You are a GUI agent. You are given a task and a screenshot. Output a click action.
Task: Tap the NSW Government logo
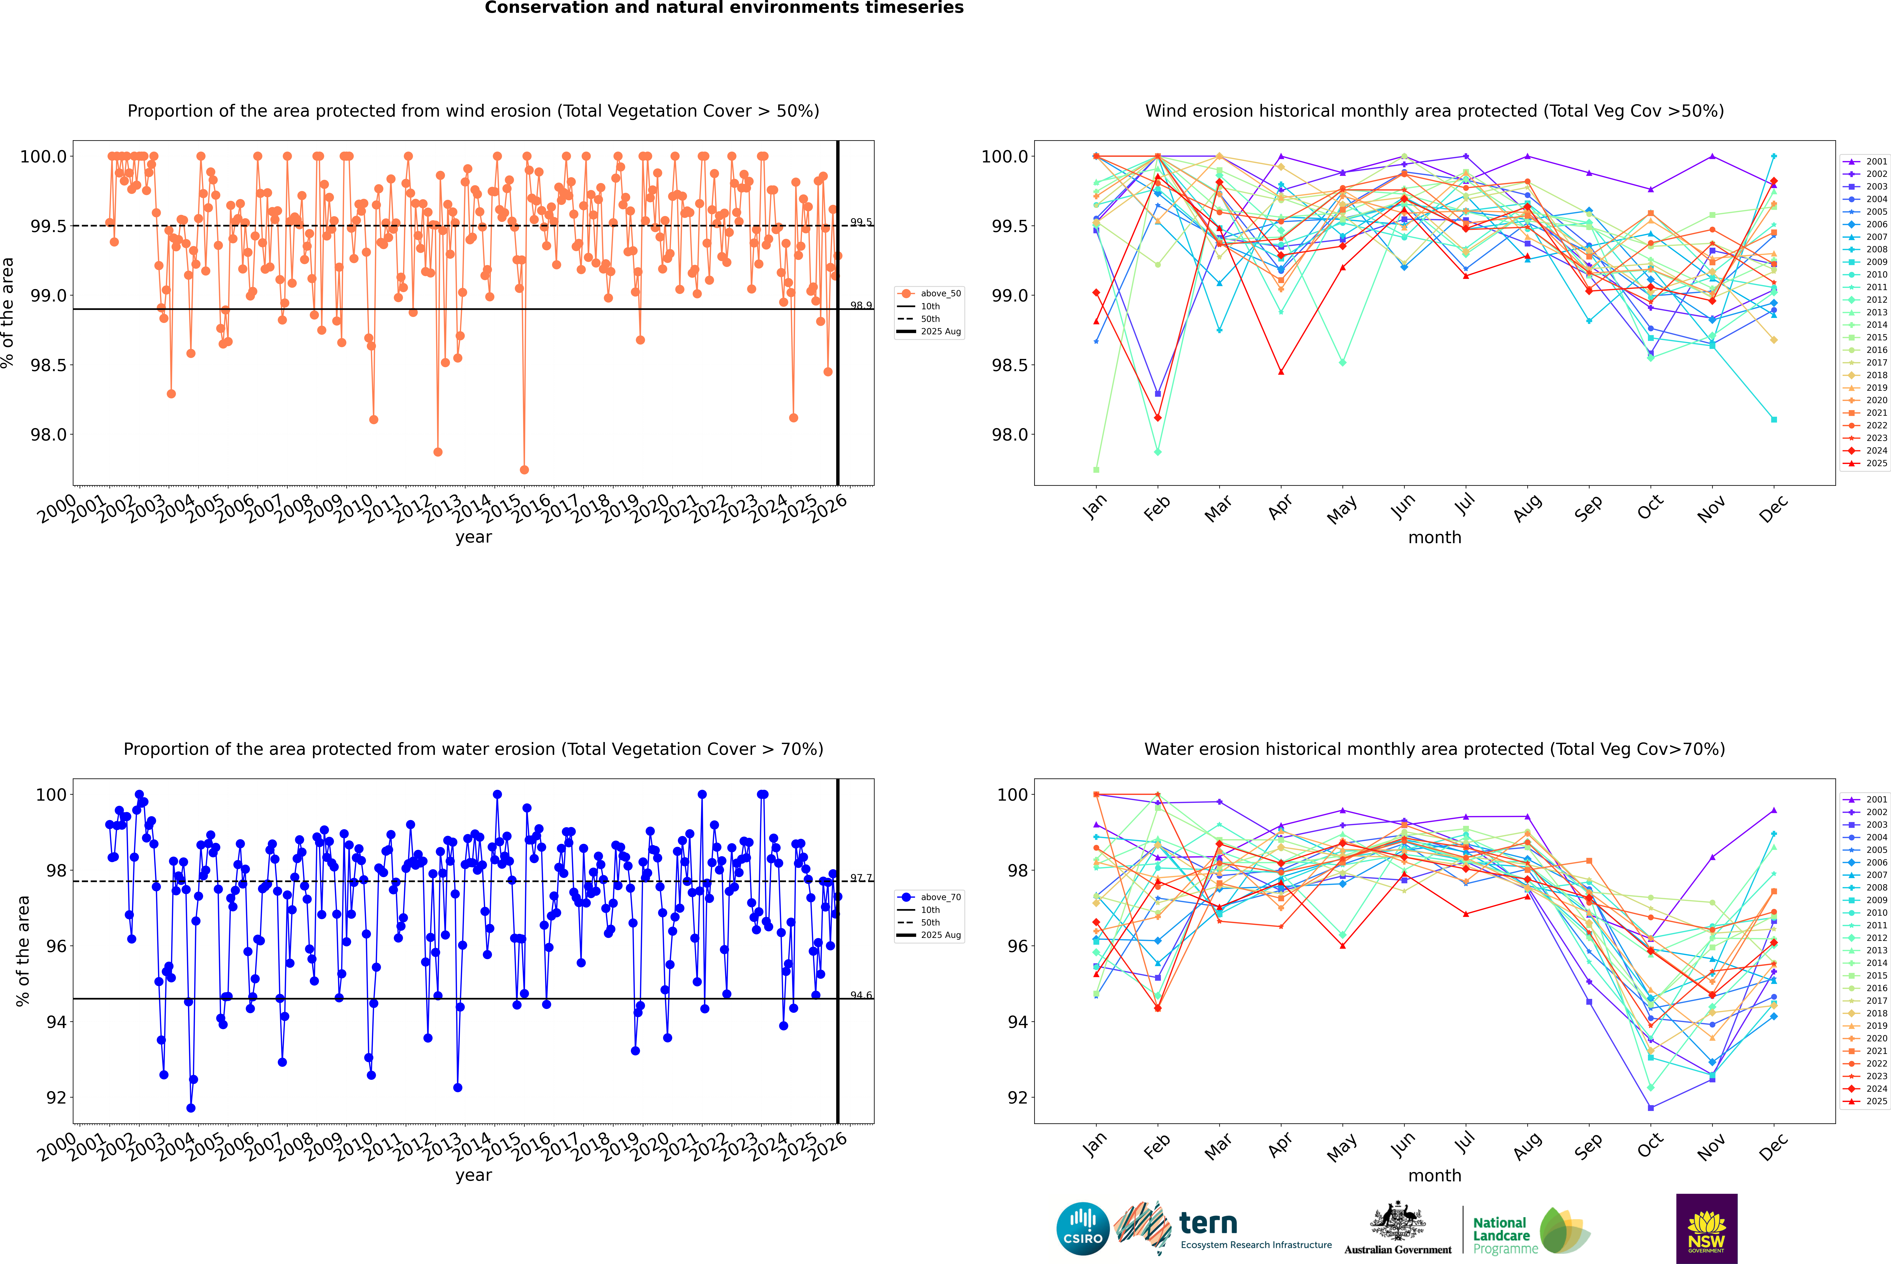(1706, 1229)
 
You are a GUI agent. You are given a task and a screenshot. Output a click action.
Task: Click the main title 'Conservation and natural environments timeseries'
(724, 8)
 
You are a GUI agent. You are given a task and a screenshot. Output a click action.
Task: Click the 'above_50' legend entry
(940, 293)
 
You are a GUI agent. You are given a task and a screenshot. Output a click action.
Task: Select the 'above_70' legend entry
(940, 897)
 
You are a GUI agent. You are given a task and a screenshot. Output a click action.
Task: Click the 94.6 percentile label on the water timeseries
(861, 996)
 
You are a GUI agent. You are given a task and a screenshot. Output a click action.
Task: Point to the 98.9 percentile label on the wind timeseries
(861, 305)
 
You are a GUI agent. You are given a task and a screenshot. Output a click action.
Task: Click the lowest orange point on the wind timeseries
(524, 470)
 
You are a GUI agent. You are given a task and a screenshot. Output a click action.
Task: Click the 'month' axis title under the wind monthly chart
(1434, 538)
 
